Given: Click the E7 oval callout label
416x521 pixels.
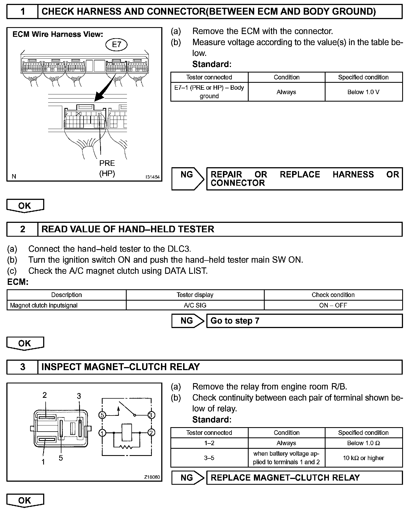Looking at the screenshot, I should pyautogui.click(x=116, y=45).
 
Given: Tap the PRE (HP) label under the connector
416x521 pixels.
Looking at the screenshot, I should pyautogui.click(x=107, y=168).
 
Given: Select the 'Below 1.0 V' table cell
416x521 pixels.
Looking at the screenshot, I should pyautogui.click(x=363, y=92).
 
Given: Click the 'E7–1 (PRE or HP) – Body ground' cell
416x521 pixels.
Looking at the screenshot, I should pyautogui.click(x=209, y=92).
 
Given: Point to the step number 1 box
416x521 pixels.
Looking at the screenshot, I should pyautogui.click(x=22, y=11).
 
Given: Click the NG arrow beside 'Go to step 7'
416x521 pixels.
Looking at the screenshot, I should pyautogui.click(x=188, y=321).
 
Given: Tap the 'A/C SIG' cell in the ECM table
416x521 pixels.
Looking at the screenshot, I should pyautogui.click(x=195, y=305).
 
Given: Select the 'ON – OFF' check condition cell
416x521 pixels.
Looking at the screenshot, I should pyautogui.click(x=333, y=305).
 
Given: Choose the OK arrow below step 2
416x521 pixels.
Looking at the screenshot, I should pyautogui.click(x=25, y=344).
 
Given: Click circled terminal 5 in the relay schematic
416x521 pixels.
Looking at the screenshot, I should pyautogui.click(x=102, y=415).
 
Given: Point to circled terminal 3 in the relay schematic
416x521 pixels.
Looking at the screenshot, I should pyautogui.click(x=151, y=415).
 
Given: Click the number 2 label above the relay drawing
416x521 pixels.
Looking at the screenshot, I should pyautogui.click(x=45, y=395).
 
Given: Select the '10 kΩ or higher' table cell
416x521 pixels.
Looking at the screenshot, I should pyautogui.click(x=363, y=458).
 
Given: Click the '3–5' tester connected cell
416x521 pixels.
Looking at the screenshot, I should pyautogui.click(x=209, y=458).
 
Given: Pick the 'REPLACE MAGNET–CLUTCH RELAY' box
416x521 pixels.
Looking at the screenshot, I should pyautogui.click(x=304, y=478).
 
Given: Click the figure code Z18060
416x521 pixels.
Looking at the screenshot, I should pyautogui.click(x=152, y=477).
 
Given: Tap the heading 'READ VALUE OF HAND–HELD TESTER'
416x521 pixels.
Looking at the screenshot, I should pyautogui.click(x=128, y=229).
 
